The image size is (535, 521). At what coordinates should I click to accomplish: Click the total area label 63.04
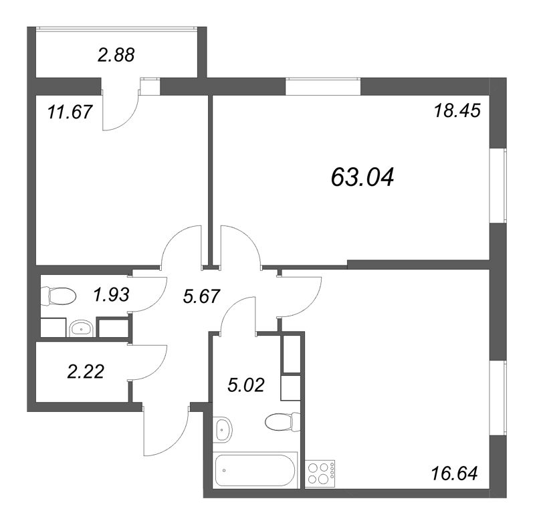[362, 177]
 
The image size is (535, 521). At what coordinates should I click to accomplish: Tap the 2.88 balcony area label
[116, 55]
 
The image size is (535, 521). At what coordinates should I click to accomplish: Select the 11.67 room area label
[70, 112]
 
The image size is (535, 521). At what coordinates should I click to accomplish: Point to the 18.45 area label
[457, 110]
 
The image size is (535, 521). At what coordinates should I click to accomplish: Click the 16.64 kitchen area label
[455, 474]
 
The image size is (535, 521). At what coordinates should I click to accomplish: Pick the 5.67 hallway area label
[201, 296]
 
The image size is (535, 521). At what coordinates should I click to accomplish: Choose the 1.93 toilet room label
[112, 294]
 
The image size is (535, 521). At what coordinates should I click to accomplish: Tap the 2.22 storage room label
[86, 371]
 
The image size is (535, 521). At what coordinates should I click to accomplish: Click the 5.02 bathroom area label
[246, 385]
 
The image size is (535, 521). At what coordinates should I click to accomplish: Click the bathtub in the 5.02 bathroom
[255, 470]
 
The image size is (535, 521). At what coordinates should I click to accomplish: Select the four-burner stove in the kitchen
[321, 472]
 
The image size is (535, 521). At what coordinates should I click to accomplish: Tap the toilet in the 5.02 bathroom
[282, 422]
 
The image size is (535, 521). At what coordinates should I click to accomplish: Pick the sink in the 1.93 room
[81, 328]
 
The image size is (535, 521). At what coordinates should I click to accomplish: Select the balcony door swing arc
[127, 120]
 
